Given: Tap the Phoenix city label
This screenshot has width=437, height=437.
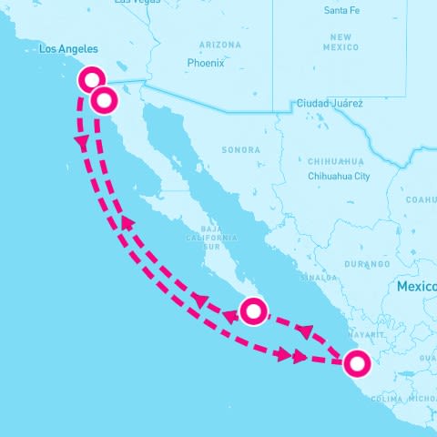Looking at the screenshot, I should tap(205, 63).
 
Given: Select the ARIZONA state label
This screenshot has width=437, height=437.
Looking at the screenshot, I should tap(219, 44).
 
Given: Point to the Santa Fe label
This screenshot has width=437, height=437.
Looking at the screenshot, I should tap(342, 10).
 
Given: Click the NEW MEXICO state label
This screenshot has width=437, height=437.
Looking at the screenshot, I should tap(341, 40).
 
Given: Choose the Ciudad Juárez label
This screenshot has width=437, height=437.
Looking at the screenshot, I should tap(330, 104).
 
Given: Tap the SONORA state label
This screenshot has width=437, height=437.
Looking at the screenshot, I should tap(240, 149).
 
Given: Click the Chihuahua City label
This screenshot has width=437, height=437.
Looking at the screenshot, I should tap(339, 176).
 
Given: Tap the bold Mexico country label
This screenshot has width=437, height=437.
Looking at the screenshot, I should tap(416, 287).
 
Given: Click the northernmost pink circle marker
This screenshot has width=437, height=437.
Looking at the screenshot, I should tap(91, 78).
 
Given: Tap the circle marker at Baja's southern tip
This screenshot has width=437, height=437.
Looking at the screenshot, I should tap(253, 311).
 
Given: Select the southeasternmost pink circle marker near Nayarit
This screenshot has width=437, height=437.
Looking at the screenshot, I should tap(357, 363).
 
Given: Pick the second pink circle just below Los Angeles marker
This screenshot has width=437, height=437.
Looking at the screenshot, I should tap(104, 99).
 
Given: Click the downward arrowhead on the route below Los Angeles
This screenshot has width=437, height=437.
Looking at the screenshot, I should tap(82, 143).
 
